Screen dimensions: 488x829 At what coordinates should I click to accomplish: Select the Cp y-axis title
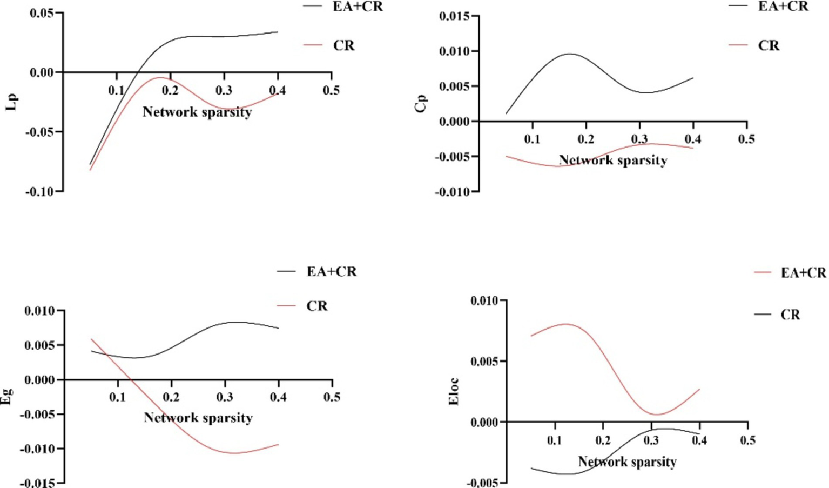421,103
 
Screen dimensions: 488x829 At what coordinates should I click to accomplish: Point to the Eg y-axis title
7,397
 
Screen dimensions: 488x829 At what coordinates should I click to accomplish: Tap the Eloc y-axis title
454,391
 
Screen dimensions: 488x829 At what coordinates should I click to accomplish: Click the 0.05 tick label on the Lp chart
42,13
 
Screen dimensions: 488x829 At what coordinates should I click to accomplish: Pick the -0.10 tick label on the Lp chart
39,192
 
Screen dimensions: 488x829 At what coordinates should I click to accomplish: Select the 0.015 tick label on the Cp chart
455,17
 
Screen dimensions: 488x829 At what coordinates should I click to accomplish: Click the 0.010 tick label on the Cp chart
455,52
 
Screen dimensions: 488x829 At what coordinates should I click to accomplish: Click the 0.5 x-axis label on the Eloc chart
748,440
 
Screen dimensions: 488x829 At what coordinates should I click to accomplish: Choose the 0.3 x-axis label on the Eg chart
225,397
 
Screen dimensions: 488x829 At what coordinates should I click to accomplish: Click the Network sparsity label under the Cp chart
613,161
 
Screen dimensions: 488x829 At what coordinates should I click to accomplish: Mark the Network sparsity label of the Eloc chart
627,462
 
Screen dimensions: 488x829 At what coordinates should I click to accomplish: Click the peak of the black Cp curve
570,54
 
